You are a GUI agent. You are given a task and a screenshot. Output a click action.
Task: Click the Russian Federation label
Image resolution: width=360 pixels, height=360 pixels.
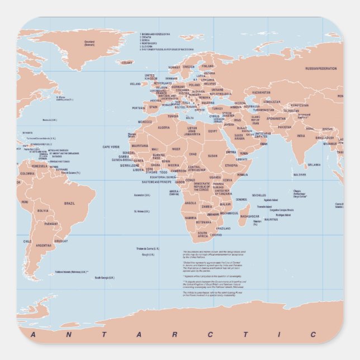[x=321, y=69]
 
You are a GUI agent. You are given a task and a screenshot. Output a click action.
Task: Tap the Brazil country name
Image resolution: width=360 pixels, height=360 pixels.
[x=70, y=203]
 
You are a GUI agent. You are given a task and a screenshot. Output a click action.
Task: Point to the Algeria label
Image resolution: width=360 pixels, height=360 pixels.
[x=164, y=127]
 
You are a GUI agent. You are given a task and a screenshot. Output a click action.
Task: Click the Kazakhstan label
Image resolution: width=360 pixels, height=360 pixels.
[x=261, y=92]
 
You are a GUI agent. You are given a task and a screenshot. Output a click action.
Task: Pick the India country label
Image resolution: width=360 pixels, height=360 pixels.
[x=301, y=135]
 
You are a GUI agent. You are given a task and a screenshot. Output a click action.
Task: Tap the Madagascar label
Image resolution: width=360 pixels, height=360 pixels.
[x=250, y=216]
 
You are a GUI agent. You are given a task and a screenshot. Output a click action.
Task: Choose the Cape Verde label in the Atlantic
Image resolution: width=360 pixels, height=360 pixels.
[x=111, y=147]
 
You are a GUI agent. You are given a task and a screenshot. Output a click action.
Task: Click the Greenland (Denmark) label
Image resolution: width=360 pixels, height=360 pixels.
[x=89, y=42]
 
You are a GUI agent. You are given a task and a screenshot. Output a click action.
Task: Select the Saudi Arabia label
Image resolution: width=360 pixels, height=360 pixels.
[x=239, y=136]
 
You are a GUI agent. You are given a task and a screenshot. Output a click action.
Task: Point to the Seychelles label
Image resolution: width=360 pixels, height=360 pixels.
[x=259, y=195]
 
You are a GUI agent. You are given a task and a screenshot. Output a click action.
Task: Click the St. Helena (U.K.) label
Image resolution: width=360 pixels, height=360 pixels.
[x=142, y=211]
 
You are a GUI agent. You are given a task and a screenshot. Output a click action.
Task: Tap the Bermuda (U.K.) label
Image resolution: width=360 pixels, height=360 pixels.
[x=50, y=119]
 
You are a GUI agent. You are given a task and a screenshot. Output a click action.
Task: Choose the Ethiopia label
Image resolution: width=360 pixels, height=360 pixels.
[x=231, y=165]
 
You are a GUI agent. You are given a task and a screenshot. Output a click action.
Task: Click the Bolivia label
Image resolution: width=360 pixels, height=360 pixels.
[x=42, y=211]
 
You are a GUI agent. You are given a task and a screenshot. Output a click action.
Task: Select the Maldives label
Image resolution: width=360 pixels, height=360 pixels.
[x=300, y=175]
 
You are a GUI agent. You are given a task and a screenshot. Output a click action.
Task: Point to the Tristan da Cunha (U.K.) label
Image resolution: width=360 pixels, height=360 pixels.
[x=148, y=248]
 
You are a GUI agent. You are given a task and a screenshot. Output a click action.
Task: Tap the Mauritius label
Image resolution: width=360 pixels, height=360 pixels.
[x=271, y=219]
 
